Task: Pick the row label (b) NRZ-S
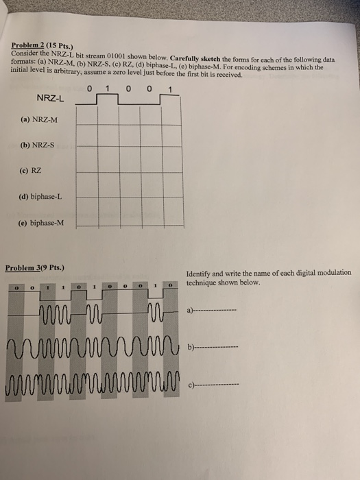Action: coord(38,145)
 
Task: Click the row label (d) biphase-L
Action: coord(41,195)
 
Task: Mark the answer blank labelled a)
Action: coord(215,311)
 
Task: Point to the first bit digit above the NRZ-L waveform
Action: coord(89,87)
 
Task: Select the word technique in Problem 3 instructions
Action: coord(202,283)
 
